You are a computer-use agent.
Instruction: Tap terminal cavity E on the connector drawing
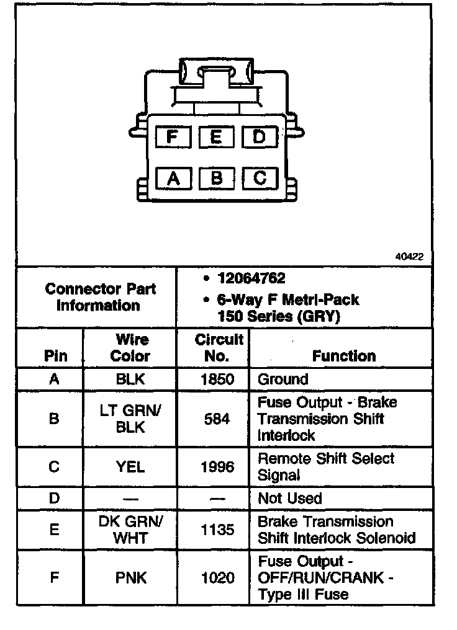tap(215, 136)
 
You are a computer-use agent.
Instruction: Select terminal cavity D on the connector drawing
tap(259, 136)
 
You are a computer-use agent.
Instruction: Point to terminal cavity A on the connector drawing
tap(173, 179)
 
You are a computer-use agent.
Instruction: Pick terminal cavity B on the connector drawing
tap(216, 179)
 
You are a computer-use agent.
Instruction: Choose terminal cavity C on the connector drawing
tap(260, 179)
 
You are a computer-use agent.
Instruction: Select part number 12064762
tap(251, 278)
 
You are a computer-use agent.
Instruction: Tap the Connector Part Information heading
tap(100, 297)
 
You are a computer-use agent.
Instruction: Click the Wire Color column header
tap(130, 347)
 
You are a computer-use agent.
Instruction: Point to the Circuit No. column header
tap(219, 347)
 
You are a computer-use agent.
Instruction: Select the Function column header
tap(343, 356)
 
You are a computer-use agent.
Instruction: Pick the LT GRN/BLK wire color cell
tap(130, 419)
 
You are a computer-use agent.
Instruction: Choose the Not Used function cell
tap(289, 499)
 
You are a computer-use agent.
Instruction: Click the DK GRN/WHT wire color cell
tap(130, 530)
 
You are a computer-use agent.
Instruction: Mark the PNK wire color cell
tap(130, 578)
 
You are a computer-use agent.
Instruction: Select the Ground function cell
tap(283, 379)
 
